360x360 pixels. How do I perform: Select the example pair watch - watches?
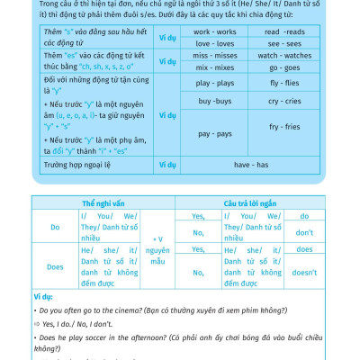(x=284, y=55)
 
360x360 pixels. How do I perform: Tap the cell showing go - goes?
(x=284, y=67)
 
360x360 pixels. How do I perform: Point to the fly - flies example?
(x=284, y=83)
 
